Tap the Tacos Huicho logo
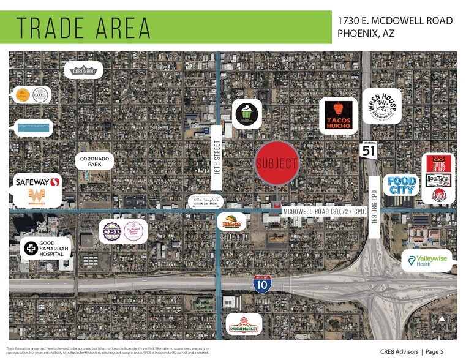[x=338, y=115]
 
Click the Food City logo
[x=402, y=184]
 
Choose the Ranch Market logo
[x=244, y=324]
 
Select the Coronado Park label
[x=94, y=161]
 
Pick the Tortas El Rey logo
[x=438, y=163]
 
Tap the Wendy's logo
[x=438, y=195]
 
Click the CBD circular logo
[x=111, y=231]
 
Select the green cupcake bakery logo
[x=247, y=113]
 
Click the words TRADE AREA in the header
[x=83, y=28]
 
